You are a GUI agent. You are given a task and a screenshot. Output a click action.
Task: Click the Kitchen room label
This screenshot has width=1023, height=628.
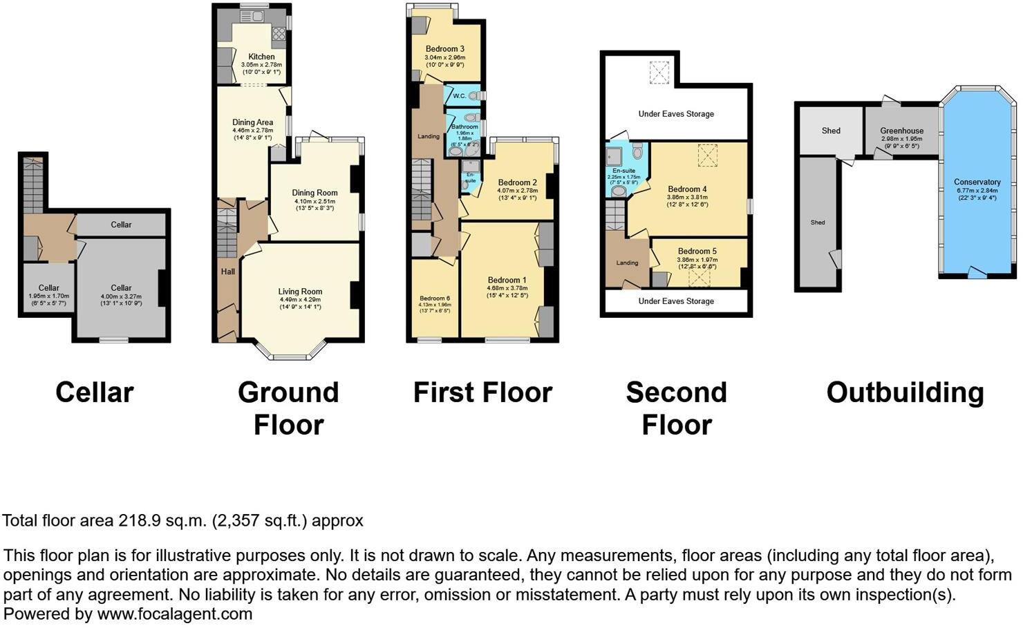point(261,57)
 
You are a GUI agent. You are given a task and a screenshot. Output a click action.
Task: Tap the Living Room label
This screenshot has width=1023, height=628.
point(300,292)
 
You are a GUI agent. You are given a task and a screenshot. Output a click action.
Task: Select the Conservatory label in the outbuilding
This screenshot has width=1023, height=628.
point(977,182)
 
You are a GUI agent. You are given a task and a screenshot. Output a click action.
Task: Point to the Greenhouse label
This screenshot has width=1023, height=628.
point(901,131)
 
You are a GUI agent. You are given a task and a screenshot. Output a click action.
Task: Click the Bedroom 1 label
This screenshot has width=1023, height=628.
point(507,280)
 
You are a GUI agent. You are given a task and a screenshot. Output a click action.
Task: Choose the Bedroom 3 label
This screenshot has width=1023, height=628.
point(444,49)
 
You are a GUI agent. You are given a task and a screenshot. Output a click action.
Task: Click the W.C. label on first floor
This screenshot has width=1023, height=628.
point(459,96)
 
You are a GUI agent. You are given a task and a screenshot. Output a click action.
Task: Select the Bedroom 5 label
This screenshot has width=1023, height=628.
point(697,251)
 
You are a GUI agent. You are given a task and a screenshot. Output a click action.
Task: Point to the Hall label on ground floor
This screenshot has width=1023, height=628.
point(228,272)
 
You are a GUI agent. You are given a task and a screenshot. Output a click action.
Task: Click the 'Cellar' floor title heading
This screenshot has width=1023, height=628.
point(94,392)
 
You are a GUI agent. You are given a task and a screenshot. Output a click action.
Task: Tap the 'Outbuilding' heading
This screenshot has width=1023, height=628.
point(905,392)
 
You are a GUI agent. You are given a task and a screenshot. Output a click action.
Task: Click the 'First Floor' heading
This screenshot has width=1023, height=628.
point(482,392)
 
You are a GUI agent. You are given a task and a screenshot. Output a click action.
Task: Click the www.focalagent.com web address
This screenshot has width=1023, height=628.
point(174,613)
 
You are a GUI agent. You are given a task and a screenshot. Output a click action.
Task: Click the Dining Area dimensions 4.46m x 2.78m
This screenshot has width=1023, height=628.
point(252,130)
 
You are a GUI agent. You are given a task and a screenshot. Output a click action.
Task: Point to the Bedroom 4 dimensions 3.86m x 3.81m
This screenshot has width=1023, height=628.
point(687,197)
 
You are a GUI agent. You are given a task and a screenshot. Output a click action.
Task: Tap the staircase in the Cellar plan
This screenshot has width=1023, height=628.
point(32,185)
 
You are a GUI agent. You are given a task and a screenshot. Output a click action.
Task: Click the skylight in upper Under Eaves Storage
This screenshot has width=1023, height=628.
point(659,72)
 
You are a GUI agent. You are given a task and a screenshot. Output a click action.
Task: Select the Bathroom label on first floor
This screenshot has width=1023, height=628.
point(464,127)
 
